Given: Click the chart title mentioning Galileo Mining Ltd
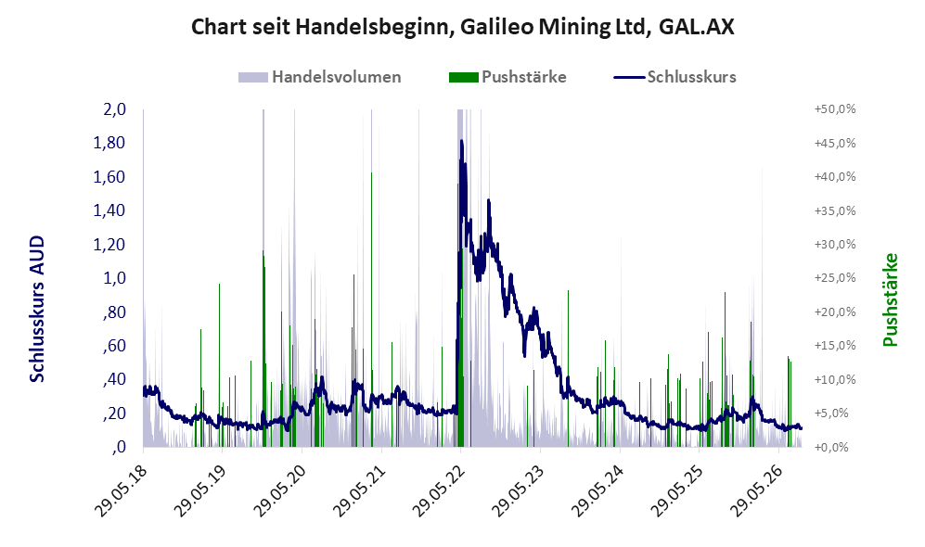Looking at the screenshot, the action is pos(462,27).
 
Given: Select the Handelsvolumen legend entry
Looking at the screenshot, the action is pos(320,77).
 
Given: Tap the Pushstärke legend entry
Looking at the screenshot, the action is pos(507,77).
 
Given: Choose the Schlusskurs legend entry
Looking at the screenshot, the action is pos(674,77).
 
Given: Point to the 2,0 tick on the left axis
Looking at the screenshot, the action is pos(114,109).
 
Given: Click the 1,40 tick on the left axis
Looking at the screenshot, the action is pos(109,210).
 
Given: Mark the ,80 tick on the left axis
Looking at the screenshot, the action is pos(114,312).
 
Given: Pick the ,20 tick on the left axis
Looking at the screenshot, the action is pos(114,413).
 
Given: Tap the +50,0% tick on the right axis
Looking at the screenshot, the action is pos(835,109).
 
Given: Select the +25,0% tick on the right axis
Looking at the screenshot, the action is pos(835,277).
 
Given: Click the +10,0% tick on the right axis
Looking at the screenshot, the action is pos(835,379).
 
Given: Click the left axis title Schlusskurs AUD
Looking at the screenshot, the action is pos(37,309).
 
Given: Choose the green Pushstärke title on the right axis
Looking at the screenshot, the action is pos(890,300).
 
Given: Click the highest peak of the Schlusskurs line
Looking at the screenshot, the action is pos(461,141).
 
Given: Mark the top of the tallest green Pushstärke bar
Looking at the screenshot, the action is pos(372,172).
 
